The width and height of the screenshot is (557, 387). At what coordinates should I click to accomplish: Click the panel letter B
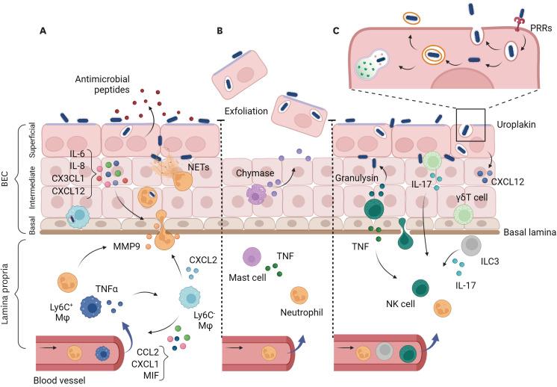coord(220,31)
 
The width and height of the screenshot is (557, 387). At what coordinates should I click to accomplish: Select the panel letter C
coord(336,31)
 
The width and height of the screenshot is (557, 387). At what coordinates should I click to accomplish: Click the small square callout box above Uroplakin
coord(471,123)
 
